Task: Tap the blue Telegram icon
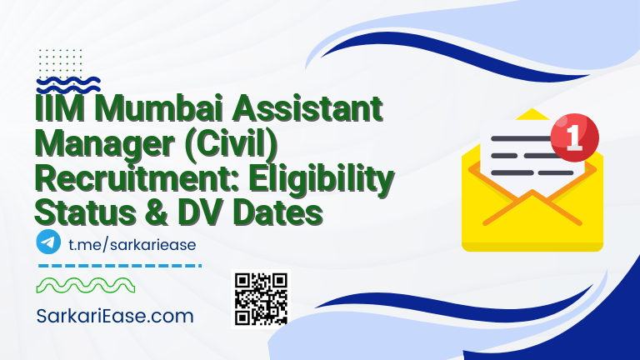pos(49,242)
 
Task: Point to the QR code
pos(259,298)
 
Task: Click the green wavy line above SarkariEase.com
pos(82,286)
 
